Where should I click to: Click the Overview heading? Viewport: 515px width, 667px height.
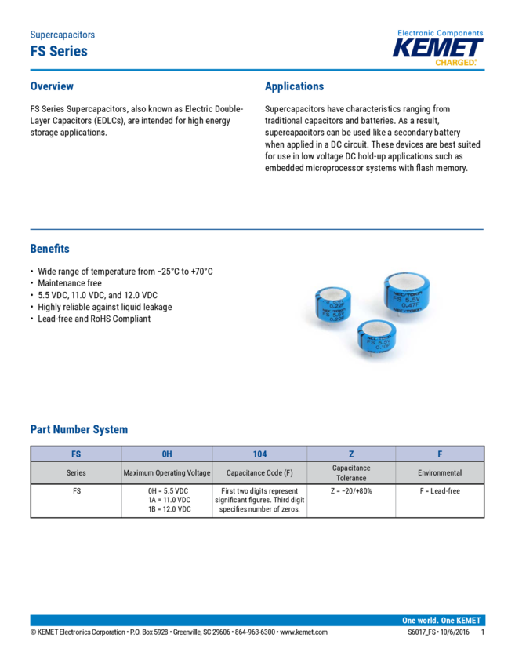[x=52, y=86]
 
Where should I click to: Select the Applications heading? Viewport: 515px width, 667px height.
[x=294, y=86]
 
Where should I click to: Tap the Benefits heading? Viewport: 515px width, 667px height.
[x=49, y=249]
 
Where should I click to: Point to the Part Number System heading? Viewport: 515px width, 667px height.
[x=79, y=429]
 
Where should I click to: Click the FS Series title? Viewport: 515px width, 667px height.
[x=59, y=52]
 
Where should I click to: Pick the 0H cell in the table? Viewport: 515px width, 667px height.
[x=167, y=454]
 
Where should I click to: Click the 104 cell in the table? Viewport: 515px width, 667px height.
[x=259, y=454]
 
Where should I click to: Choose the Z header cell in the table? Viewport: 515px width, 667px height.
[x=351, y=454]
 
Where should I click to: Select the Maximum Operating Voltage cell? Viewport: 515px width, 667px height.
[x=167, y=473]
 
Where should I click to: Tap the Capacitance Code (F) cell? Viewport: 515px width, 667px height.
[x=259, y=473]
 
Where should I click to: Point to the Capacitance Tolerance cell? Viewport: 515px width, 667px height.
[x=351, y=473]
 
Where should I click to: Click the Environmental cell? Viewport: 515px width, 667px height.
[x=440, y=473]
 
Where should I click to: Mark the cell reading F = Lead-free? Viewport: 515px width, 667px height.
[x=440, y=491]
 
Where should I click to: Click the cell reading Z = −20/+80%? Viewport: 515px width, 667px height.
[x=351, y=491]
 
